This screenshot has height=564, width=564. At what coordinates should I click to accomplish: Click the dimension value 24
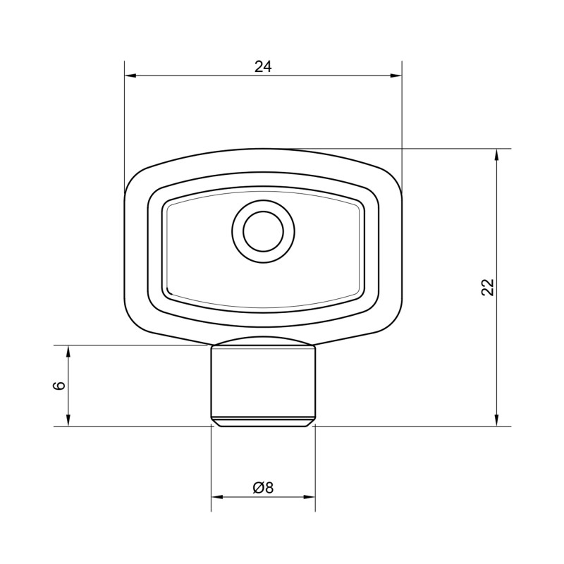(x=263, y=67)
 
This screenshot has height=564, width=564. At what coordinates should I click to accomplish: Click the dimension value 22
(x=488, y=287)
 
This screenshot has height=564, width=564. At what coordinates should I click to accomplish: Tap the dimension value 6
(x=59, y=385)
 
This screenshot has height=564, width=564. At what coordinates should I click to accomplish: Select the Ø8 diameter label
(x=263, y=488)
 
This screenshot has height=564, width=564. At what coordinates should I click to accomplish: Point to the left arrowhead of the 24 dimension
(x=130, y=75)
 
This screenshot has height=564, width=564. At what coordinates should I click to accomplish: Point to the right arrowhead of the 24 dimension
(x=396, y=75)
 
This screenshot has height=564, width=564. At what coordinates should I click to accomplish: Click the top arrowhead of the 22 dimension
(x=497, y=154)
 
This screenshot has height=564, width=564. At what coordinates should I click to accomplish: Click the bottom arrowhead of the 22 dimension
(x=497, y=420)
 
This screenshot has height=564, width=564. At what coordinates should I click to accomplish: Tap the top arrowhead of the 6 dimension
(x=68, y=351)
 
